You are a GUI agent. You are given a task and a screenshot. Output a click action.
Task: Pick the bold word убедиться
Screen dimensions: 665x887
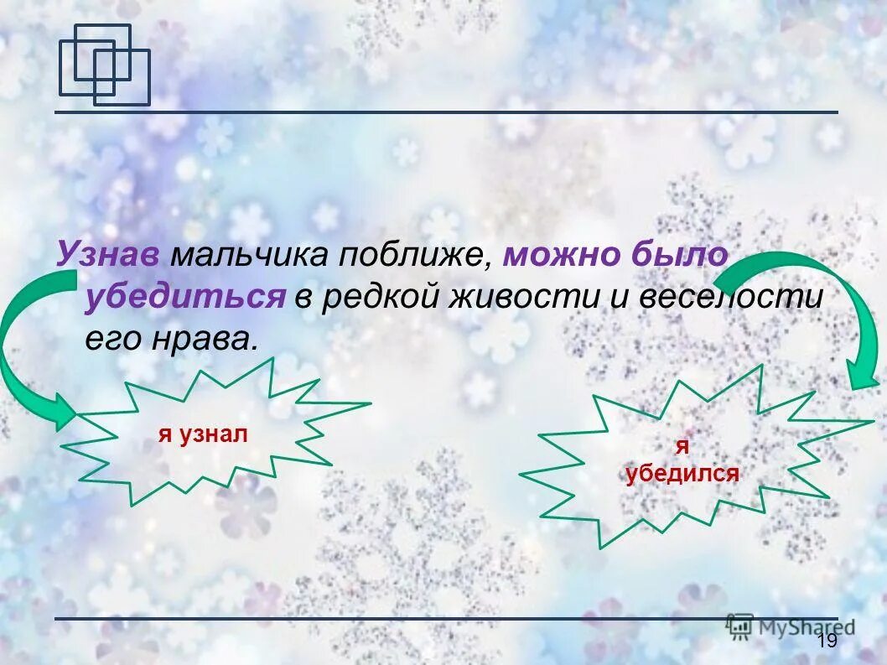point(184,297)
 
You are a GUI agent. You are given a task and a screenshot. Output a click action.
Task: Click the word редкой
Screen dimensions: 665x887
point(376,297)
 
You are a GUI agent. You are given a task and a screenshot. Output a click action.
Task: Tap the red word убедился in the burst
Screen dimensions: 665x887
point(682,474)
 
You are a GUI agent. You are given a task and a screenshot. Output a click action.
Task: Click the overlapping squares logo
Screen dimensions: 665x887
point(104,65)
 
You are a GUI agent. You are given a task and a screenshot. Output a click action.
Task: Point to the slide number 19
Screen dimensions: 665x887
point(826,642)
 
